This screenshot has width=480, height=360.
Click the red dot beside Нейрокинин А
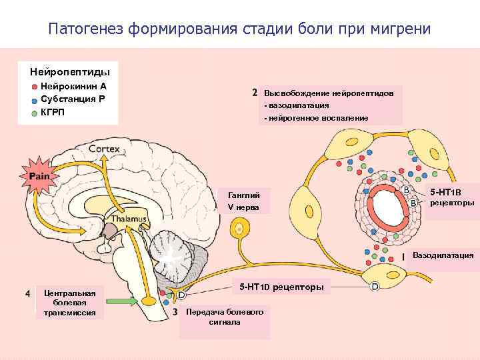pyautogui.click(x=34, y=87)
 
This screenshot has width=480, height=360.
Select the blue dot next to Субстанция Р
pyautogui.click(x=34, y=99)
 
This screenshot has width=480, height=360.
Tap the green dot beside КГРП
pyautogui.click(x=34, y=112)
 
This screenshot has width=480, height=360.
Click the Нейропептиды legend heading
pyautogui.click(x=70, y=71)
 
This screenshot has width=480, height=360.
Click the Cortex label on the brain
pyautogui.click(x=105, y=149)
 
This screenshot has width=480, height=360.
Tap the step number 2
pyautogui.click(x=255, y=93)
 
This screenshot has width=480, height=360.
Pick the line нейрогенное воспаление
pyautogui.click(x=318, y=117)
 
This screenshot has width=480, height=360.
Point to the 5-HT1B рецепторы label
pyautogui.click(x=451, y=197)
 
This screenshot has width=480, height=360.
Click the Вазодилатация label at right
pyautogui.click(x=443, y=255)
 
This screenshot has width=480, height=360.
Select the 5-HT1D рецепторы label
pyautogui.click(x=281, y=287)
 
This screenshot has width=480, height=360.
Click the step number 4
pyautogui.click(x=27, y=293)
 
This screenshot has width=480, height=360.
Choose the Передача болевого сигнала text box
pyautogui.click(x=225, y=317)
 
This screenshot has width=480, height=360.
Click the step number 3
pyautogui.click(x=175, y=311)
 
